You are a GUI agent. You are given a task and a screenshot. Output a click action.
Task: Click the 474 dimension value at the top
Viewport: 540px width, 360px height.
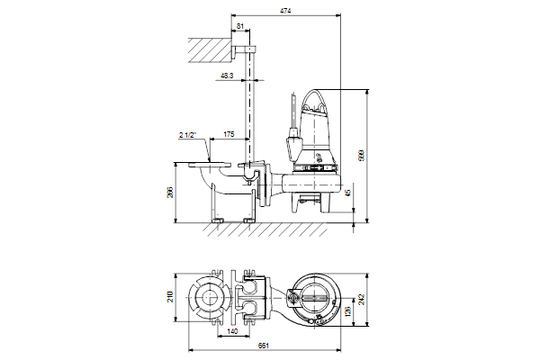(285, 11)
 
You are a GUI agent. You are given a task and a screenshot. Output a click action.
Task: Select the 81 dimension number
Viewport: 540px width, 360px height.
(240, 26)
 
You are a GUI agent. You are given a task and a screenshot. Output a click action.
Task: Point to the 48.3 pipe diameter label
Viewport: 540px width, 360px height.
(227, 76)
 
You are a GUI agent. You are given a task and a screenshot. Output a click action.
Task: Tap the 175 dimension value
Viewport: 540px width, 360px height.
(229, 134)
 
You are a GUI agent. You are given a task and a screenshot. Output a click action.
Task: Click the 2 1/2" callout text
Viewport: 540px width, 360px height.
(187, 135)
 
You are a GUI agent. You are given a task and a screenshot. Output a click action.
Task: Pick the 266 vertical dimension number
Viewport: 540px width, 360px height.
(170, 193)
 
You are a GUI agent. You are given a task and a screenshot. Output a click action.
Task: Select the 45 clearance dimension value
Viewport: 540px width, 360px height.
(348, 193)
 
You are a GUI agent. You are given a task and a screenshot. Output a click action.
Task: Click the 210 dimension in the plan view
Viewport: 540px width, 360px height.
(170, 297)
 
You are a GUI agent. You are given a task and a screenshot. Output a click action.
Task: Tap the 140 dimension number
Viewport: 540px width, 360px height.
(233, 331)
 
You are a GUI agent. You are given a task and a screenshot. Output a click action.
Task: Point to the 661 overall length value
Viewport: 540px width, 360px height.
(264, 346)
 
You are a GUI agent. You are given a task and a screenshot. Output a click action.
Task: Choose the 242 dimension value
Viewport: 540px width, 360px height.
(361, 299)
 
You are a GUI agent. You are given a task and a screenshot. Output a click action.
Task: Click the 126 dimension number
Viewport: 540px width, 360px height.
(347, 311)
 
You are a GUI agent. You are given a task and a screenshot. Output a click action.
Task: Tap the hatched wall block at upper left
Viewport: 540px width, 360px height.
(210, 50)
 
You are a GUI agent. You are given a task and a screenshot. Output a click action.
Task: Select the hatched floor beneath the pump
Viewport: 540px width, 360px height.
(265, 229)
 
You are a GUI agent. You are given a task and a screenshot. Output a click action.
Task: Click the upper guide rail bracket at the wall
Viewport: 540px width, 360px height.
(244, 50)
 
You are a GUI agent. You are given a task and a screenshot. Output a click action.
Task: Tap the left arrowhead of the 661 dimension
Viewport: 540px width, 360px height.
(191, 351)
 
